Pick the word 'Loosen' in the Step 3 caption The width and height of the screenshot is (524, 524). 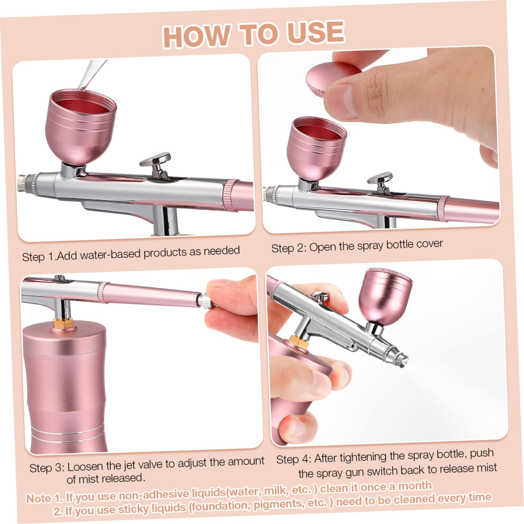coord(85,467)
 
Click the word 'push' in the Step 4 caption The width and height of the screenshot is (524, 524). coord(481,454)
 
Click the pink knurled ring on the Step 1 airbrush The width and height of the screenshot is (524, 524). coord(232,196)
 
